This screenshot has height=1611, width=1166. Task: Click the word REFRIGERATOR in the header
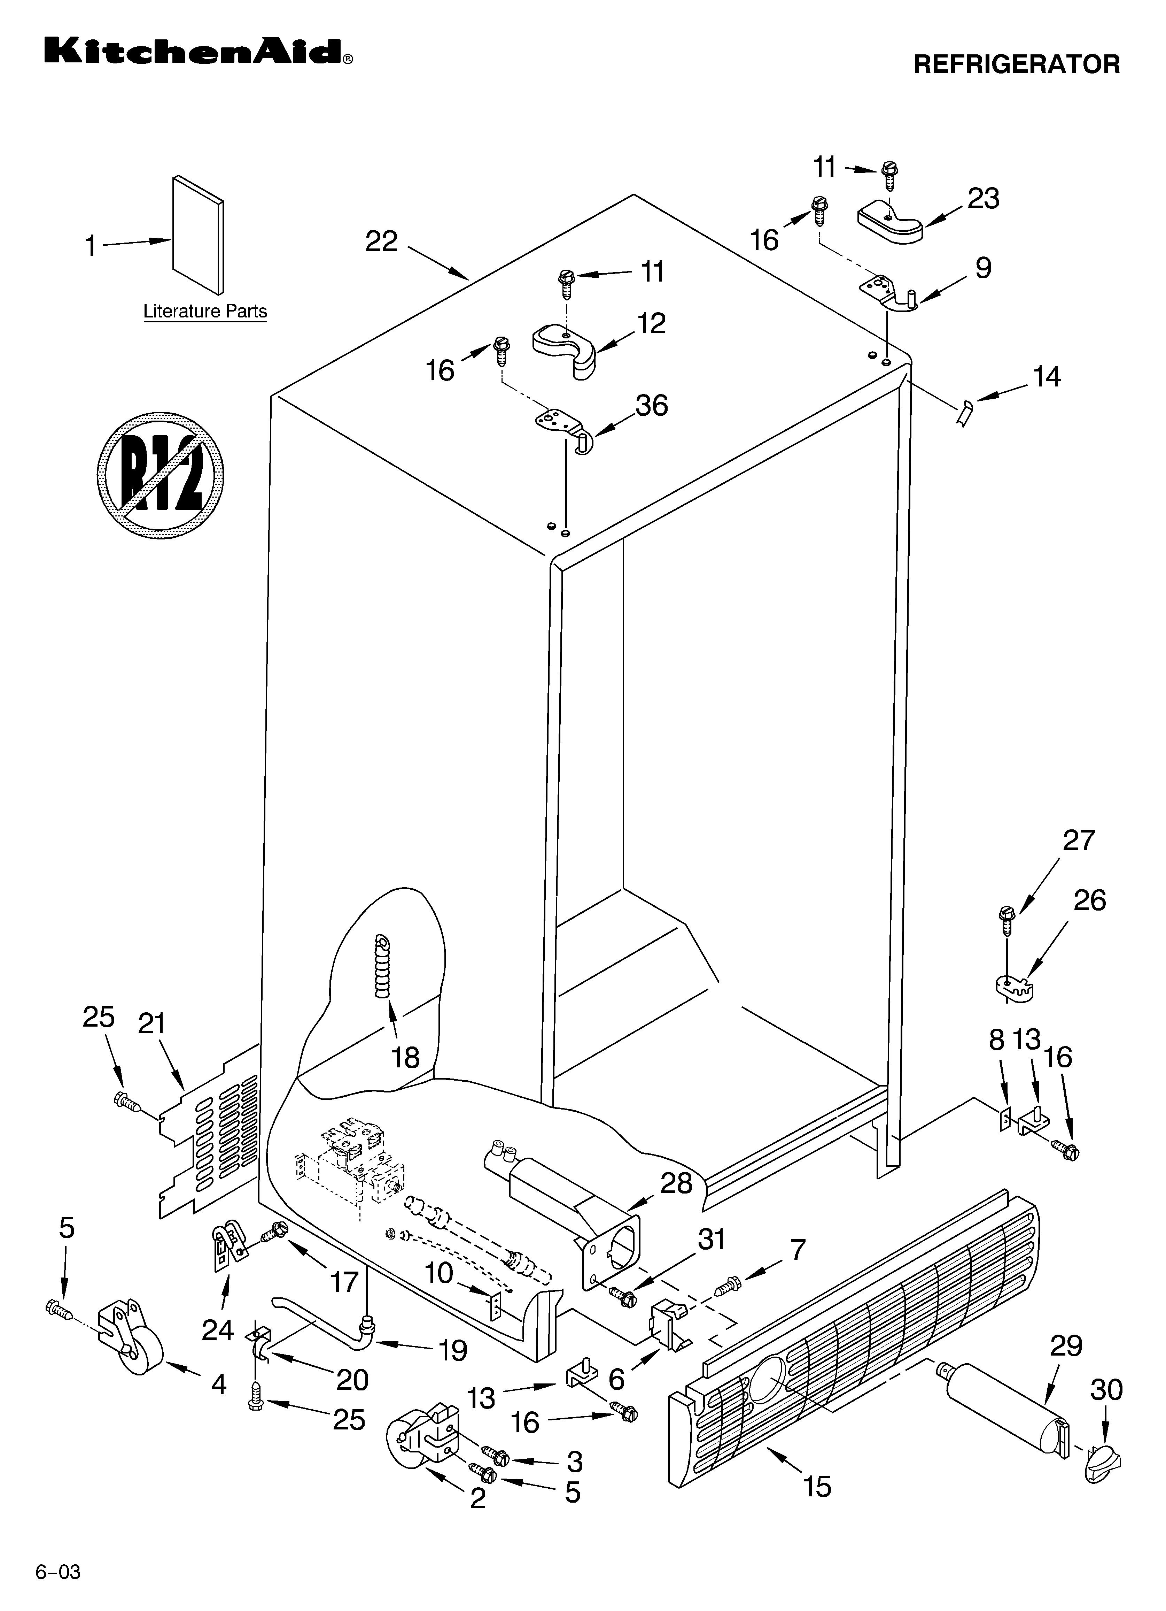click(1016, 64)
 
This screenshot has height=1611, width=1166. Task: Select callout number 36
click(651, 406)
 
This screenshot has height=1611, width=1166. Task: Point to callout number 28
click(676, 1183)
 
